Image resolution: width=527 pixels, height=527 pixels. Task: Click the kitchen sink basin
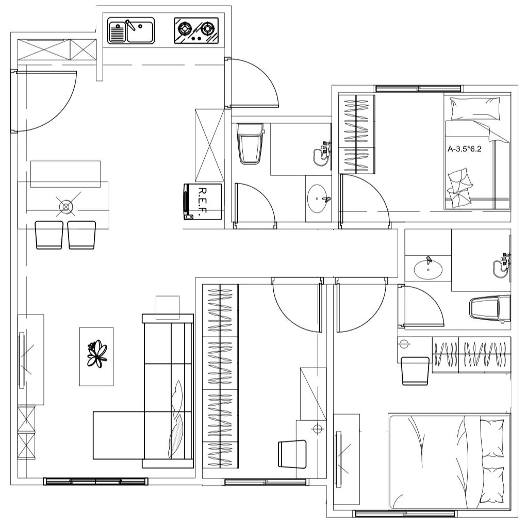[x=131, y=30]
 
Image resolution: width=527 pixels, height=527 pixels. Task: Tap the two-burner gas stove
[x=196, y=30]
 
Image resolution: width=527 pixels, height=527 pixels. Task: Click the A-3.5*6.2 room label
[x=465, y=149]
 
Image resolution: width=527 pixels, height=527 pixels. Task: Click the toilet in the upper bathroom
[x=251, y=144]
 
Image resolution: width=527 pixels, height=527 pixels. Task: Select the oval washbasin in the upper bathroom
[x=317, y=199]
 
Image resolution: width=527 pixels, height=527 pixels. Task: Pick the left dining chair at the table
[x=49, y=235]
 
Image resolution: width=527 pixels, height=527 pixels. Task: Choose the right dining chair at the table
[x=81, y=235]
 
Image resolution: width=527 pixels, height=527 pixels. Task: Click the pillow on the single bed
[x=474, y=109]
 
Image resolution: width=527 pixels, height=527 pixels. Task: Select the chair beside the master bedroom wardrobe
[x=416, y=371]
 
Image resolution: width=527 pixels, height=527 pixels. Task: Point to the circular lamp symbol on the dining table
[x=66, y=206]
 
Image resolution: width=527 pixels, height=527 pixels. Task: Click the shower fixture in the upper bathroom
[x=322, y=154]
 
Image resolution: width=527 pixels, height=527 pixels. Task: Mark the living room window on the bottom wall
[x=96, y=481]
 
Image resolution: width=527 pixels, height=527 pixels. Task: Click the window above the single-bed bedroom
[x=418, y=89]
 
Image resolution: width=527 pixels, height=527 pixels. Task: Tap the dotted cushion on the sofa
[x=176, y=436]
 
